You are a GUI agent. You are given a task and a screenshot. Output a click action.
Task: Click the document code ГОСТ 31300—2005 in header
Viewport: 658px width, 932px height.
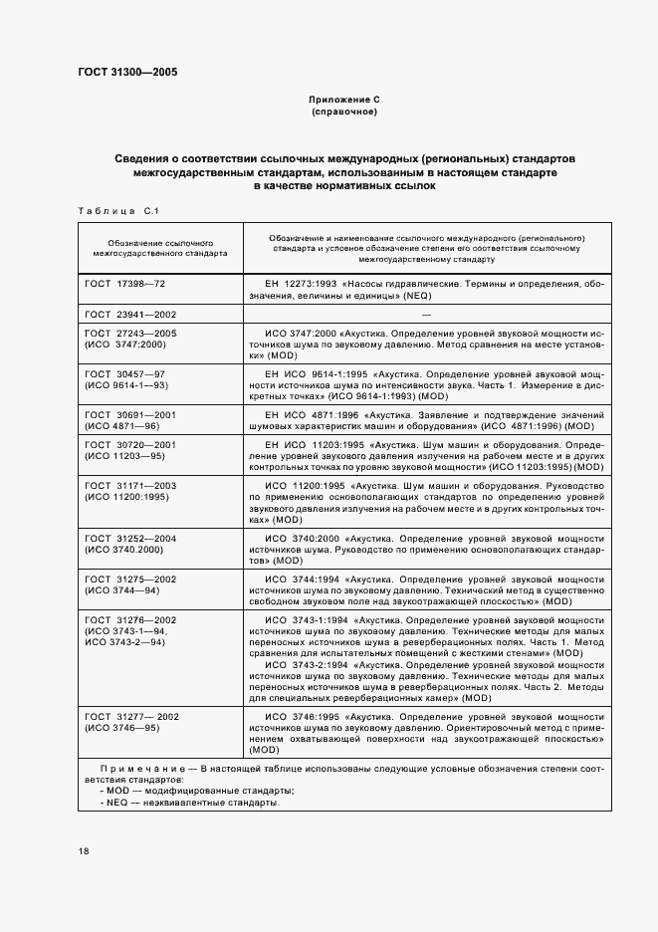127,72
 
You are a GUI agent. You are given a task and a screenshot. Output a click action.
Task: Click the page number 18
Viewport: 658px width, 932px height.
84,850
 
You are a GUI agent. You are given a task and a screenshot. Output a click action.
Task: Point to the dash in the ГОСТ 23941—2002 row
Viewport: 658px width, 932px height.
424,313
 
